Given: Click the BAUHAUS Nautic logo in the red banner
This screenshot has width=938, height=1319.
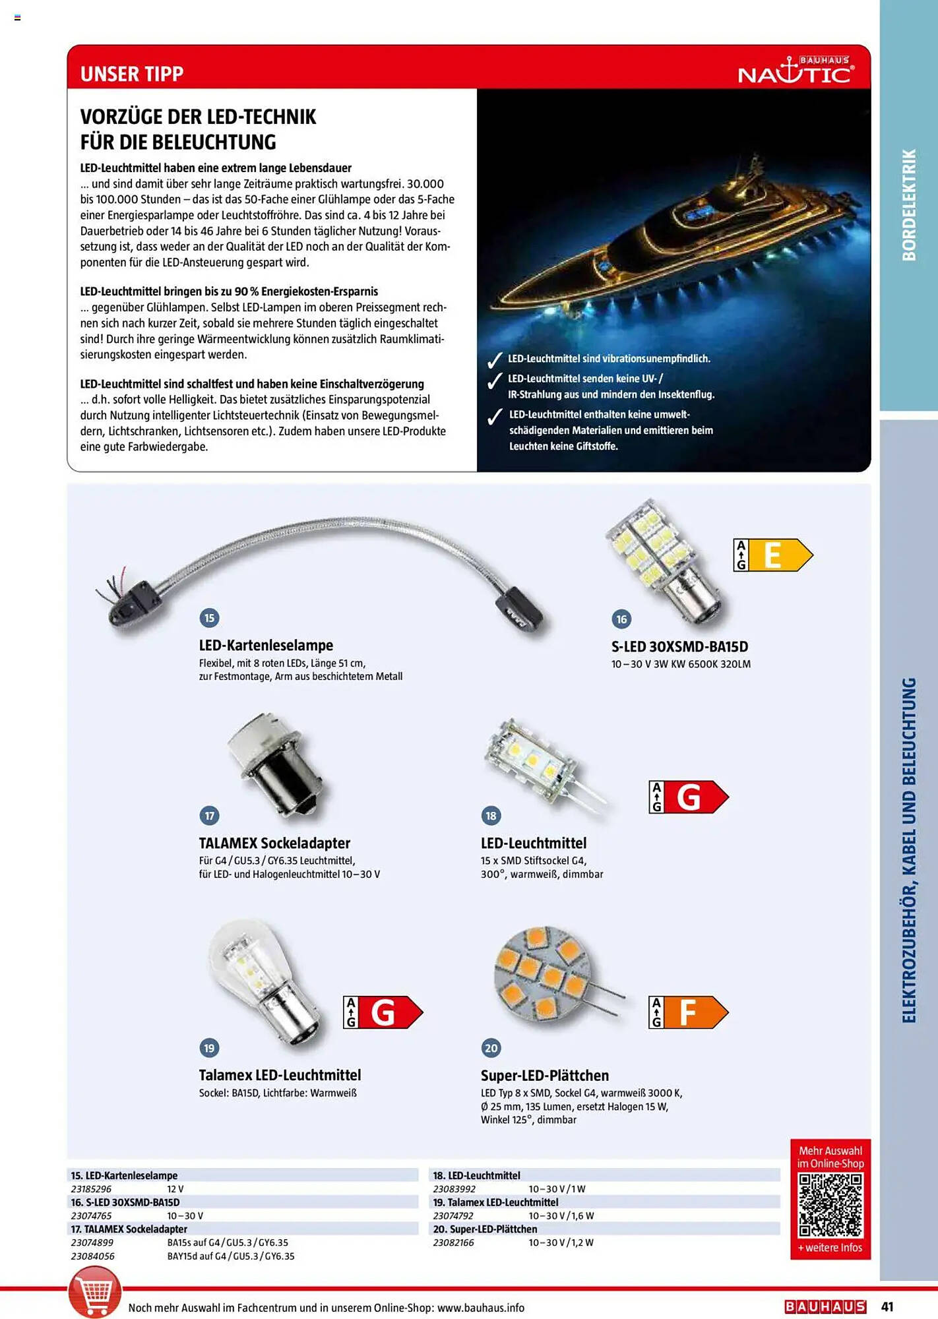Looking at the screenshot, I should tap(796, 71).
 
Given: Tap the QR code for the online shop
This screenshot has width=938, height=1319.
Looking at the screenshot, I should tap(830, 1206).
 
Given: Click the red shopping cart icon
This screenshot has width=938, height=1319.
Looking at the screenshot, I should tap(95, 1293).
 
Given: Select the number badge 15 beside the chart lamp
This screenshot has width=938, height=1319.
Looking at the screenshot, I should tap(209, 618).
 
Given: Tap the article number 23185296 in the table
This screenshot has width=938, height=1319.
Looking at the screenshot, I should tap(91, 1189).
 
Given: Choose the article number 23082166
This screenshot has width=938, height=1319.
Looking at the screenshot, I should tap(453, 1242).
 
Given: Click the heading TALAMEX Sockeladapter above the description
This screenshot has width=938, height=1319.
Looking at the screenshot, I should tap(274, 843).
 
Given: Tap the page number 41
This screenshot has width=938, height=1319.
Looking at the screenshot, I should tap(887, 1306).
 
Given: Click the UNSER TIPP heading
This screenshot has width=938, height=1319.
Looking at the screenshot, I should tap(132, 74).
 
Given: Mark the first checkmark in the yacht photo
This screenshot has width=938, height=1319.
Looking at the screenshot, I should tap(494, 360).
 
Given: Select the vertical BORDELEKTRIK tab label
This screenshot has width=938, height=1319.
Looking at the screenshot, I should tap(909, 205).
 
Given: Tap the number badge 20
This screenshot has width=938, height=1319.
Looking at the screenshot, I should tap(491, 1048).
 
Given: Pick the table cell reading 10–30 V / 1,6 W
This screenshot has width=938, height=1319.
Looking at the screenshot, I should tap(561, 1215).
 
